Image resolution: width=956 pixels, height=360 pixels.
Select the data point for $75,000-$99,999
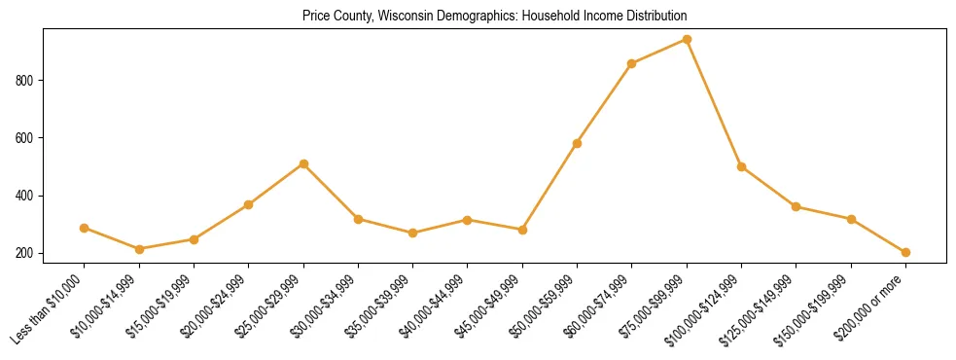pyautogui.click(x=687, y=40)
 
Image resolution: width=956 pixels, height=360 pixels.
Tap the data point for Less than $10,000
pyautogui.click(x=85, y=228)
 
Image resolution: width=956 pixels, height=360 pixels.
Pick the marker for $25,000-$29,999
pyautogui.click(x=303, y=163)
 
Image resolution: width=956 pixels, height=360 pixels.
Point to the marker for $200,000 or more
pyautogui.click(x=905, y=252)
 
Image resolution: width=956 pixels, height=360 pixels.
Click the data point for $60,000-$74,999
pyautogui.click(x=632, y=64)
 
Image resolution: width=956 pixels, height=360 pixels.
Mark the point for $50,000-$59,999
pyautogui.click(x=577, y=143)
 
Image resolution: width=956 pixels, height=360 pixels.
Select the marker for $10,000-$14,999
pyautogui.click(x=139, y=249)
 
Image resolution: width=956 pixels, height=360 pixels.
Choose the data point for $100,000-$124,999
pyautogui.click(x=741, y=166)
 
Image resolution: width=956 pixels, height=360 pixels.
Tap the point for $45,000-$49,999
pyautogui.click(x=522, y=230)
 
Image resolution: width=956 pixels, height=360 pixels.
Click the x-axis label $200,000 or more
pyautogui.click(x=873, y=306)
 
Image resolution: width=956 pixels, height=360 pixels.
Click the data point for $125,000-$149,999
pyautogui.click(x=796, y=206)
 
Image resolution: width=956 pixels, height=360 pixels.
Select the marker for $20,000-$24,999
pyautogui.click(x=249, y=204)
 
